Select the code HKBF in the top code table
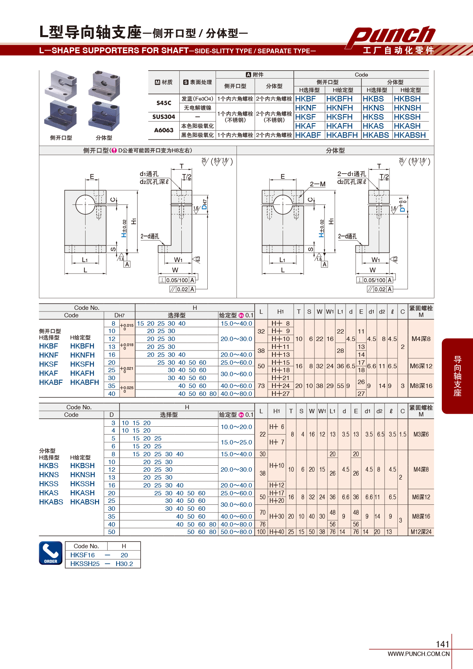pyautogui.click(x=305, y=99)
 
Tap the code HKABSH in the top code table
pyautogui.click(x=410, y=135)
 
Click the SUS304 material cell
pyautogui.click(x=164, y=117)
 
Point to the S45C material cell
pyautogui.click(x=164, y=103)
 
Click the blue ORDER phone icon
pyautogui.click(x=51, y=553)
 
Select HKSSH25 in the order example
pyautogui.click(x=85, y=564)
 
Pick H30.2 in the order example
pyautogui.click(x=124, y=564)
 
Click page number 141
pyautogui.click(x=443, y=644)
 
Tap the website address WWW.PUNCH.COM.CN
pyautogui.click(x=419, y=654)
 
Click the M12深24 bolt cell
pyautogui.click(x=421, y=532)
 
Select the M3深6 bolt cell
pyautogui.click(x=421, y=434)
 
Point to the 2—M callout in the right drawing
pyautogui.click(x=317, y=184)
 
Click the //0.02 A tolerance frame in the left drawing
pyautogui.click(x=182, y=289)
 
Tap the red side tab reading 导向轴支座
pyautogui.click(x=457, y=376)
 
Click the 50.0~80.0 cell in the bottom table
pyautogui.click(x=236, y=532)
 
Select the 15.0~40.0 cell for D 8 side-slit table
pyautogui.click(x=236, y=324)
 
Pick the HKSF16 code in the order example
pyautogui.click(x=82, y=555)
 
